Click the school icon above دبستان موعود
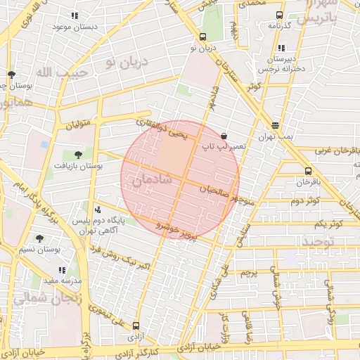pos(75,15)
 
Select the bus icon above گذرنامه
pos(279,15)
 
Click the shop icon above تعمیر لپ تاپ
pos(224,136)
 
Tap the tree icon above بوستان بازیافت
pos(77,155)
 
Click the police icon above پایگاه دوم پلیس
pos(97,209)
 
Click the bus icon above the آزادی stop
pos(136,326)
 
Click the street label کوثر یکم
pos(328,224)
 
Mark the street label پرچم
pos(249,272)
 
